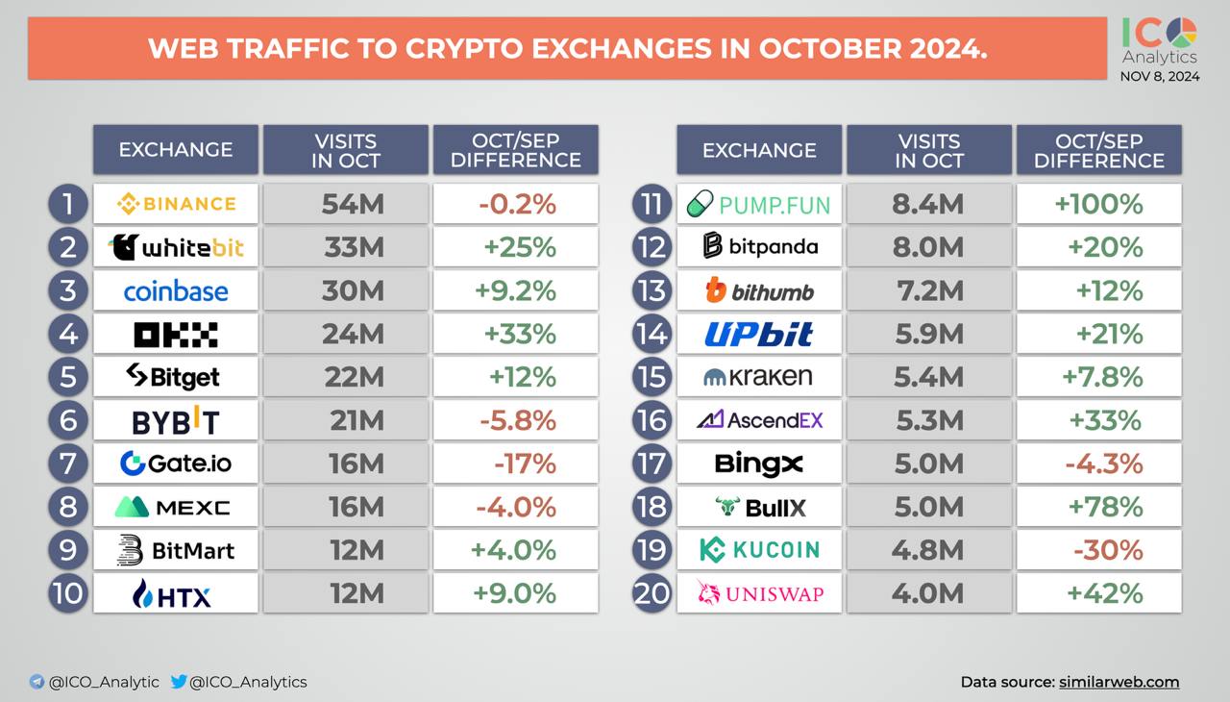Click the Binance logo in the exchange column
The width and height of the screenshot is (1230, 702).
coord(176,204)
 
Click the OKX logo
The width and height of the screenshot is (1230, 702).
coord(176,335)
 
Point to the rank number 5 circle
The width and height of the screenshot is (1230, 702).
coord(67,376)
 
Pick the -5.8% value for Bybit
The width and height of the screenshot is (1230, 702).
coord(516,420)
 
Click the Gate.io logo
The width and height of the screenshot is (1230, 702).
coord(176,464)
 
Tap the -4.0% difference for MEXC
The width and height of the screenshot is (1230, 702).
coord(516,507)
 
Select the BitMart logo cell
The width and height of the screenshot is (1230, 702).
coord(176,550)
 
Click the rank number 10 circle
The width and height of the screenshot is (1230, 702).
coord(67,592)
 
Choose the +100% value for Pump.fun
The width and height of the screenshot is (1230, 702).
coord(1100,204)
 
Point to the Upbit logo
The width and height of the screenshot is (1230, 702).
coord(759,334)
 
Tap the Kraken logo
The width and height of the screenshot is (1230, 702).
coord(759,377)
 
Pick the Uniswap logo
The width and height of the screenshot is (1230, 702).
coord(759,593)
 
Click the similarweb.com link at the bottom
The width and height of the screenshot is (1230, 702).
coord(1119,682)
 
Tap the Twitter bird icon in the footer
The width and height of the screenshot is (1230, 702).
coord(179,682)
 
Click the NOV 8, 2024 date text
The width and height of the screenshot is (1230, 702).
coord(1160,77)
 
